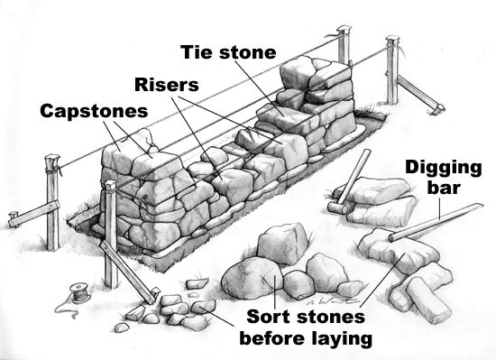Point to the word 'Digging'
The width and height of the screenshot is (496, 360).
point(444,167)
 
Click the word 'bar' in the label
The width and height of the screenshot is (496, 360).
point(444,189)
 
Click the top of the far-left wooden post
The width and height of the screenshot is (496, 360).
point(51,162)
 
